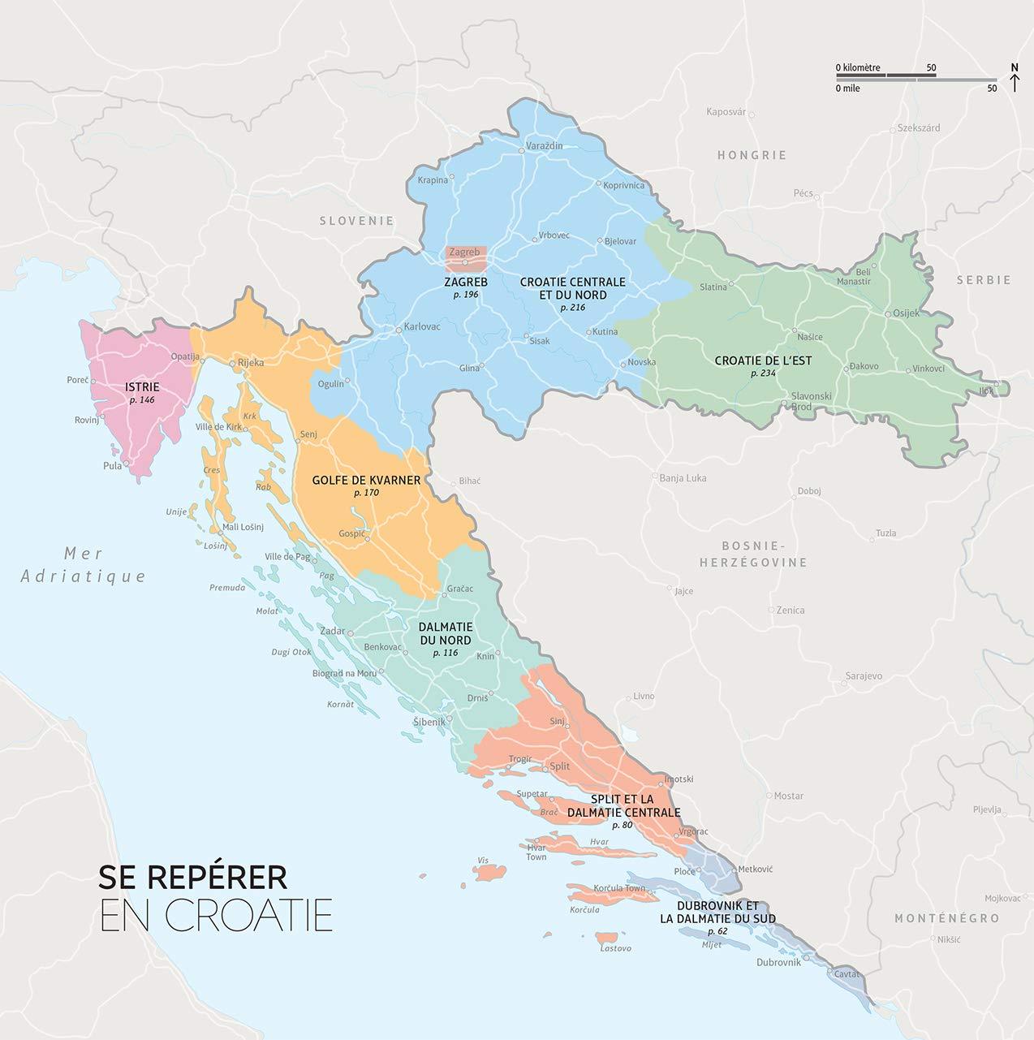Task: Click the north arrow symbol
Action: [1015, 78]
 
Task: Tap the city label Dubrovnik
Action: [778, 962]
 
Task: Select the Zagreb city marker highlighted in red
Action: [465, 253]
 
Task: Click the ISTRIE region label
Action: [142, 387]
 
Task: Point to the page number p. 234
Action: [764, 373]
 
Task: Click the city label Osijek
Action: [906, 313]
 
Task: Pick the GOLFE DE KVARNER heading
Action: [366, 480]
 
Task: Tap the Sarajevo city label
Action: [864, 675]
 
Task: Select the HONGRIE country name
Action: [752, 155]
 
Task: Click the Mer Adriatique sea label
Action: [84, 565]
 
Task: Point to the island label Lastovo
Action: [615, 948]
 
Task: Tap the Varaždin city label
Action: [545, 145]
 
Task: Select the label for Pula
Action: [112, 466]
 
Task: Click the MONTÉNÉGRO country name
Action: [946, 918]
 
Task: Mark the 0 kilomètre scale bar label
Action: [858, 67]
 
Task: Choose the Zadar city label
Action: [332, 631]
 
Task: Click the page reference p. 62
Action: [717, 931]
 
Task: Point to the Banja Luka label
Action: [683, 478]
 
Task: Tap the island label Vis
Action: [483, 860]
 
